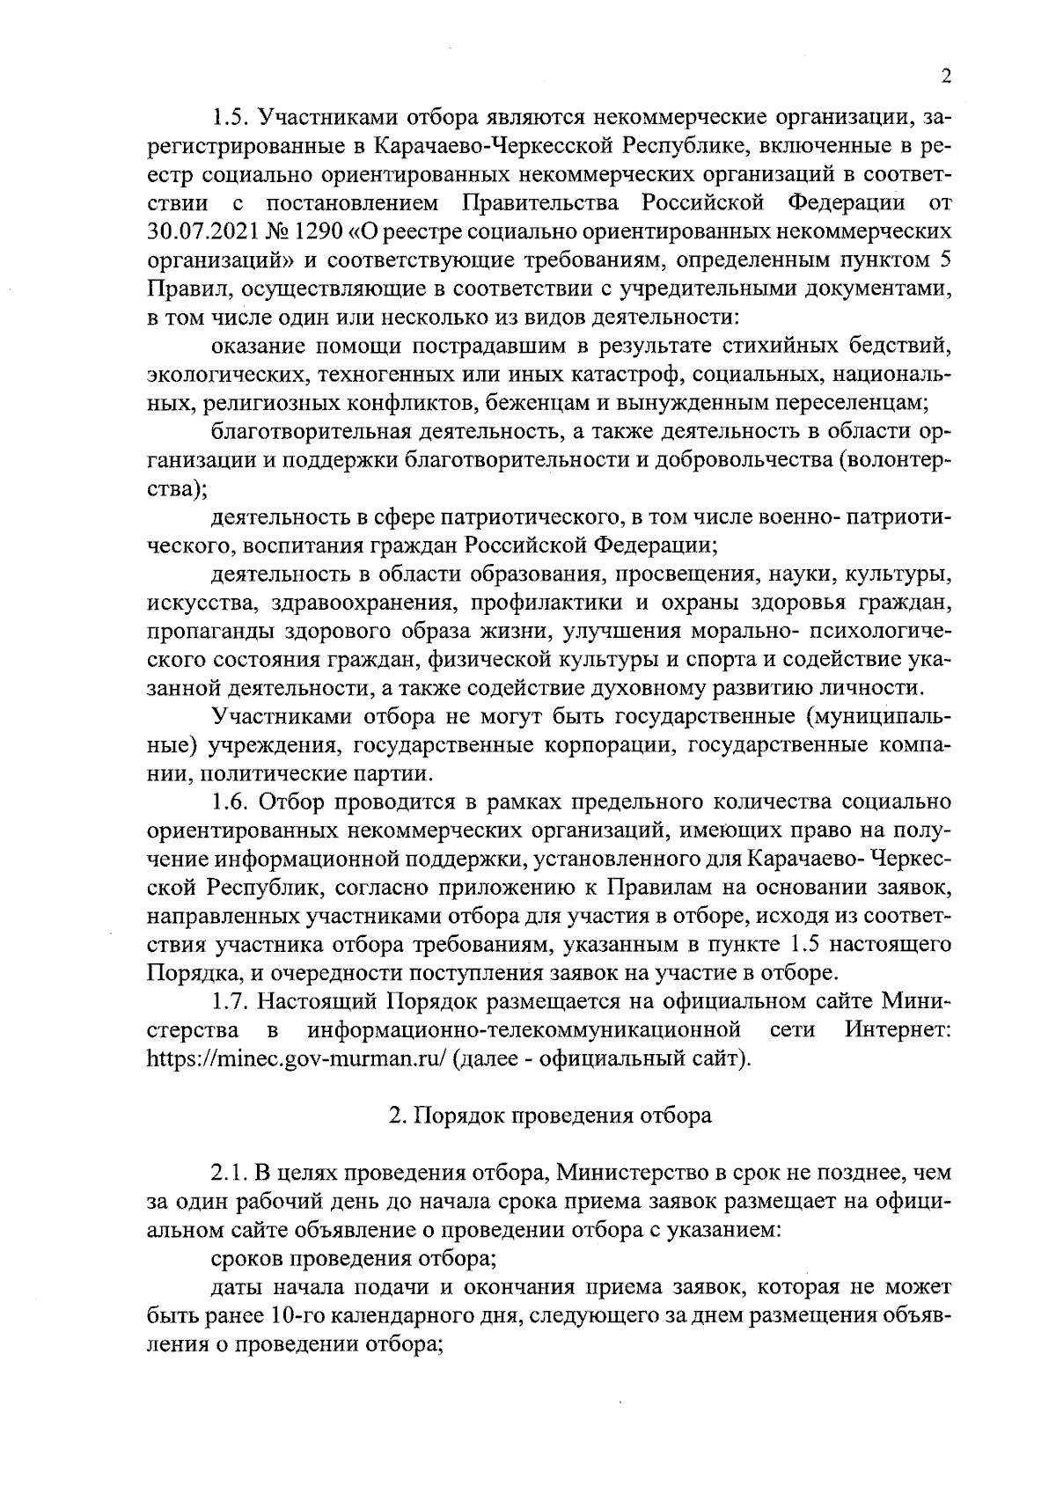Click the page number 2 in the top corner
[x=946, y=77]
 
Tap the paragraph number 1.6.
[x=231, y=803]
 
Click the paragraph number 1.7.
[x=231, y=1002]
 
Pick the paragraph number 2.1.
[x=231, y=1173]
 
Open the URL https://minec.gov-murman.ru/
[x=297, y=1058]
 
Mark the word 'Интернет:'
[x=898, y=1030]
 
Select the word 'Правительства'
[x=541, y=204]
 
